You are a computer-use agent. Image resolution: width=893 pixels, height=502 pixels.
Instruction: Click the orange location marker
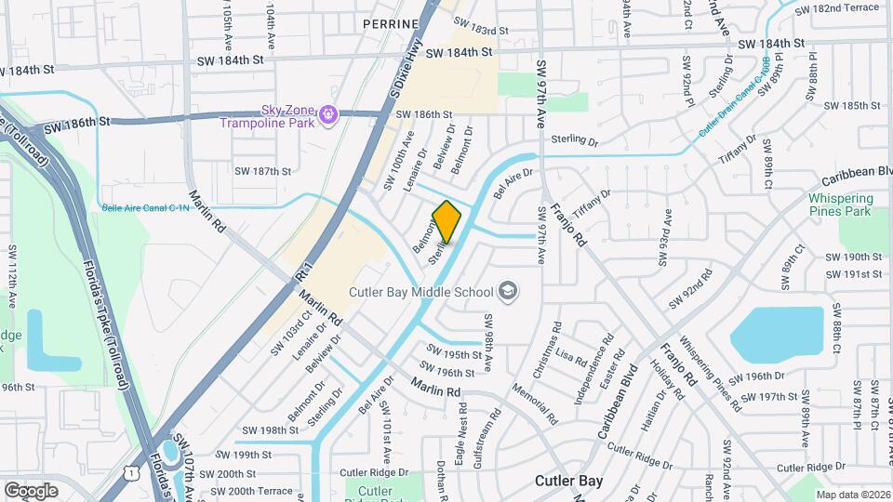[446, 221]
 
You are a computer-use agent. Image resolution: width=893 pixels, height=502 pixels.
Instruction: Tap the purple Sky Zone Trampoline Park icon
[327, 115]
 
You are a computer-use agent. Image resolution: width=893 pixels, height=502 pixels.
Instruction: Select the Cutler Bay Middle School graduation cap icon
[507, 292]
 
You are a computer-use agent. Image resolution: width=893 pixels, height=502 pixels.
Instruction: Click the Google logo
[31, 490]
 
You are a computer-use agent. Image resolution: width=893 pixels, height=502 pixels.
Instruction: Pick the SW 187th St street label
[263, 171]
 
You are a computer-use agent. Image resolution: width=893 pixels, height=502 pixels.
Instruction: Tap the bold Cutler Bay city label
[569, 481]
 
